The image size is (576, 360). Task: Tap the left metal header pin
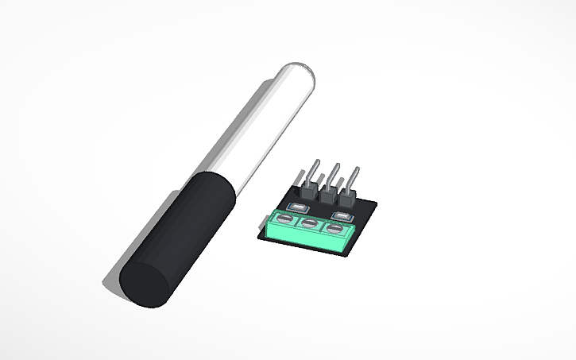(312, 171)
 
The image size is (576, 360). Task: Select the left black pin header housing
(307, 191)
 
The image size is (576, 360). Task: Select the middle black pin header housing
(327, 194)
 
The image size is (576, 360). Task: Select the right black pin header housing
(348, 196)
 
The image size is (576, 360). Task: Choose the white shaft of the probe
(254, 127)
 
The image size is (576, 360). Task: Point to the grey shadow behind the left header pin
(300, 176)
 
